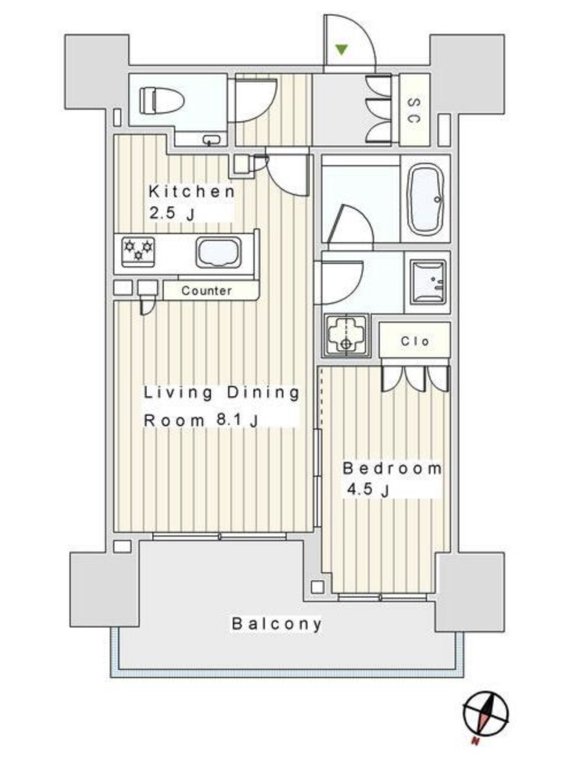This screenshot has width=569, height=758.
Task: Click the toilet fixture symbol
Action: pos(161,101)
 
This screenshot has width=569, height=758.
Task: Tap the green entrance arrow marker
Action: pos(342,50)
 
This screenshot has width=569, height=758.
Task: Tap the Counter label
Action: pos(206,291)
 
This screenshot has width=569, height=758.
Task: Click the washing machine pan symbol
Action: pos(346,336)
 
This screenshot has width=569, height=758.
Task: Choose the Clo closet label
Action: pos(414,341)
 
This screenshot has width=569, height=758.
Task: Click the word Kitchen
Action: pos(191,192)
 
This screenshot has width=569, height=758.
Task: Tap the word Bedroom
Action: pos(392,468)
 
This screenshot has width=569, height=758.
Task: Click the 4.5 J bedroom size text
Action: pos(367,491)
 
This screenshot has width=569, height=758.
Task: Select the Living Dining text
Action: pos(221,393)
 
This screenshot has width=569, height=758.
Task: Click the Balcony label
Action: pos(276,623)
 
